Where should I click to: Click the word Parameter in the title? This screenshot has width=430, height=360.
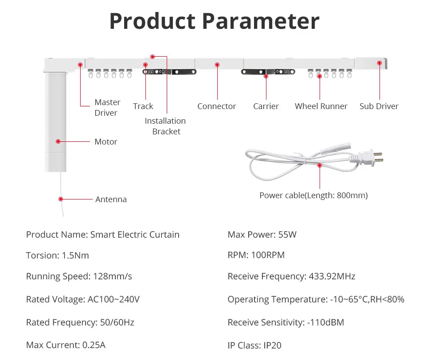click(x=261, y=22)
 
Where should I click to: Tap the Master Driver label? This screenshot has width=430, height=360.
click(x=107, y=107)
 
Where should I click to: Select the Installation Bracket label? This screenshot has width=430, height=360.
click(x=165, y=126)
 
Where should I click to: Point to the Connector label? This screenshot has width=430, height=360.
click(x=217, y=106)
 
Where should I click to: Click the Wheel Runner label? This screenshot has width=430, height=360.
click(x=321, y=106)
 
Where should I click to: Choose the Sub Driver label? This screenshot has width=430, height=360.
click(x=379, y=106)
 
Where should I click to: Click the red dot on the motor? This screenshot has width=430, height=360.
click(x=58, y=141)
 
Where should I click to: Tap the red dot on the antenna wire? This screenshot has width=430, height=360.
click(x=61, y=199)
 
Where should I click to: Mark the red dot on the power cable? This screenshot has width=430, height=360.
click(x=320, y=165)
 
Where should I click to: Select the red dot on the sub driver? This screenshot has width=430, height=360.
click(x=379, y=63)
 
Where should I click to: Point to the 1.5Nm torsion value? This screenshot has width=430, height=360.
click(x=75, y=255)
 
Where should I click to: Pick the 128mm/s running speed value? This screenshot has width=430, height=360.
click(x=113, y=276)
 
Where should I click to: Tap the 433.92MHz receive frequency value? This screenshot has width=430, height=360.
click(x=332, y=276)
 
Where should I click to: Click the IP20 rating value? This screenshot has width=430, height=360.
click(x=272, y=345)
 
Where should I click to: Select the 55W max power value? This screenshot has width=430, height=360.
click(x=287, y=235)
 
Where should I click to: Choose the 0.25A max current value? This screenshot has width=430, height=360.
click(x=94, y=345)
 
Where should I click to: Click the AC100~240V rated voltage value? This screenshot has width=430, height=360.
click(x=113, y=299)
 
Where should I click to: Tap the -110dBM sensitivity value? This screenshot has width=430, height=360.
click(x=325, y=322)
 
